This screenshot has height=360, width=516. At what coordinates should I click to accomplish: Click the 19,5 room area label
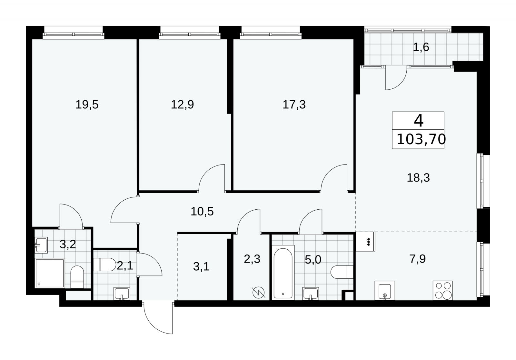click(x=87, y=105)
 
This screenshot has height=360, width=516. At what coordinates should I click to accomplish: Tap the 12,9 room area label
click(x=182, y=105)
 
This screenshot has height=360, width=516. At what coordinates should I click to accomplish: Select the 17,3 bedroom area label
click(x=294, y=105)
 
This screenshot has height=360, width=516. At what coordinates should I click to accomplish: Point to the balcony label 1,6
click(x=421, y=47)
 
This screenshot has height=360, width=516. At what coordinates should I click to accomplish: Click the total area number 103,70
click(x=421, y=139)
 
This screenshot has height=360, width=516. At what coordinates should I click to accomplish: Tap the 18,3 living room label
click(x=418, y=178)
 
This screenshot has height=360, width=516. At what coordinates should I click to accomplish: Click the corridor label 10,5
click(x=202, y=211)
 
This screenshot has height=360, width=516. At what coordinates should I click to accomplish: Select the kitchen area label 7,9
click(x=417, y=259)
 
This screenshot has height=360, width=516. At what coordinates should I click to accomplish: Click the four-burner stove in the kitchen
click(x=442, y=290)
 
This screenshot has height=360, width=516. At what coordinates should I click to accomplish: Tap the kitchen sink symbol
click(x=385, y=290)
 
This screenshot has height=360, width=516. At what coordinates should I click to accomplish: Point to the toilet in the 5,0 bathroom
click(x=342, y=272)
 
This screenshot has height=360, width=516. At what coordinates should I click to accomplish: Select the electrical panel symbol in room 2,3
click(x=258, y=293)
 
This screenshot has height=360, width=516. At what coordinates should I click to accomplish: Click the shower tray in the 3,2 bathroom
click(x=50, y=273)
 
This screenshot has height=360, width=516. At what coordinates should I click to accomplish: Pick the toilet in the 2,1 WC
click(x=104, y=265)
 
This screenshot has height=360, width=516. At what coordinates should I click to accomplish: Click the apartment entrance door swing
click(x=158, y=318)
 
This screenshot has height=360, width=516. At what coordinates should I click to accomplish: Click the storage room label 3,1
click(x=201, y=267)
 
